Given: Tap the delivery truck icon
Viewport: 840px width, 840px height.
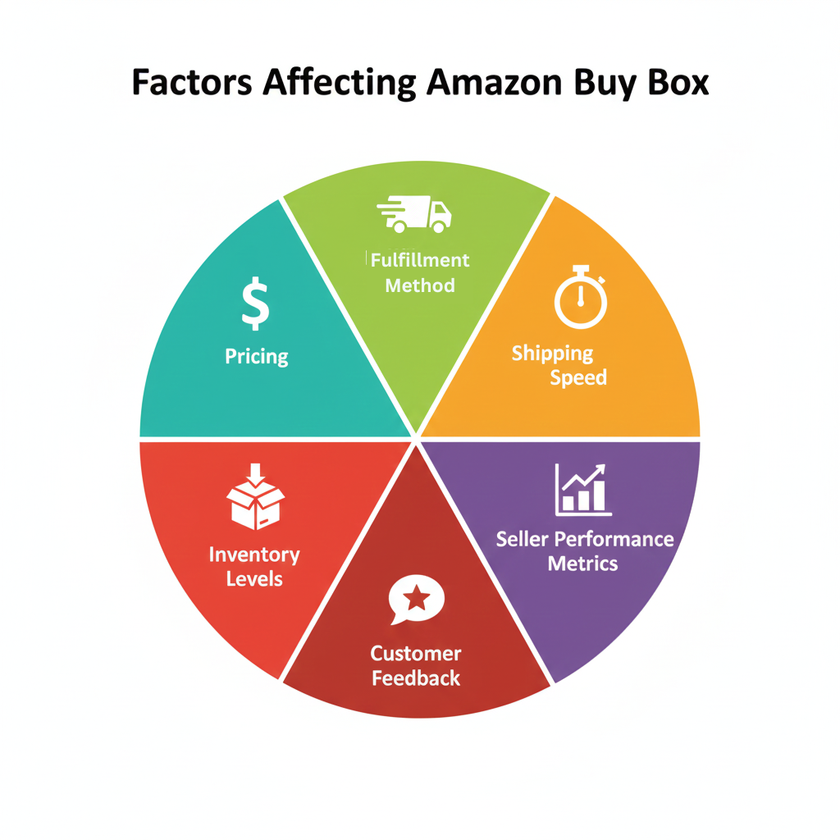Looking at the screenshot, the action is click(414, 214).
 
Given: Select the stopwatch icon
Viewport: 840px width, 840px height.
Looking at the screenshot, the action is click(580, 297).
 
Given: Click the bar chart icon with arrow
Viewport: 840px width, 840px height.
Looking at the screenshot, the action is click(582, 490).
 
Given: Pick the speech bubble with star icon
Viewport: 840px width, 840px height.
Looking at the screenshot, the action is click(417, 600).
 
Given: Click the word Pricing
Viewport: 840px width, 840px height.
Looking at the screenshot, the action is click(257, 357).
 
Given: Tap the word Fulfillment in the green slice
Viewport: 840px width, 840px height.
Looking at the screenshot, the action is click(420, 261).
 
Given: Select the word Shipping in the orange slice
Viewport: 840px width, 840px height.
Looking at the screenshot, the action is click(552, 354).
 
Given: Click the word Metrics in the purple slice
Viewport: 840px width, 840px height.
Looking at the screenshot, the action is click(582, 564).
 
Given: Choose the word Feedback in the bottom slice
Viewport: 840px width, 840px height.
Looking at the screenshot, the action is click(416, 678).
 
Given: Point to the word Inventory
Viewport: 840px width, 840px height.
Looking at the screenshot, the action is click(254, 555).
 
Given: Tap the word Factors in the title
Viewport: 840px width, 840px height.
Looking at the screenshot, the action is click(190, 84).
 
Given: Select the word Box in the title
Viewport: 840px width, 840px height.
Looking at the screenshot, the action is click(674, 84).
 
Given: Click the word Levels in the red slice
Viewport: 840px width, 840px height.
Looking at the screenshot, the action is click(254, 579).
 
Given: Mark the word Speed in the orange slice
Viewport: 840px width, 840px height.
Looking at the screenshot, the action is click(578, 378).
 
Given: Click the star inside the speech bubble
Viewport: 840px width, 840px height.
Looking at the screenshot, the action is click(417, 598).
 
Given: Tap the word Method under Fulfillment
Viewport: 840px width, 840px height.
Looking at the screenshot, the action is click(420, 285).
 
